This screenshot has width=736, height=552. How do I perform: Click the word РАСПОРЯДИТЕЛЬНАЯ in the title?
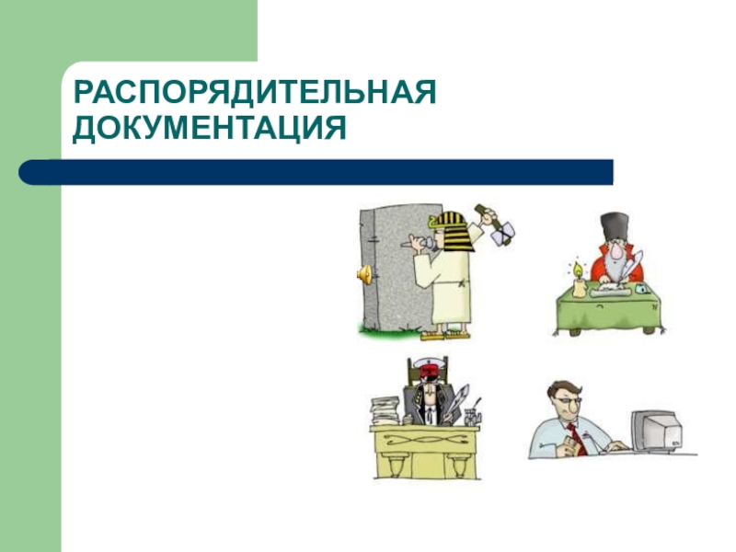(255, 92)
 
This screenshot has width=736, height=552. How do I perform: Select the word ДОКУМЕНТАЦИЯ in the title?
(210, 128)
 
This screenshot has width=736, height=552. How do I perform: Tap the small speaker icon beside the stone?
(364, 274)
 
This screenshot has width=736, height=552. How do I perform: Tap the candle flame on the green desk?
(578, 270)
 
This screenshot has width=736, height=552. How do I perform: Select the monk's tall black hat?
(615, 227)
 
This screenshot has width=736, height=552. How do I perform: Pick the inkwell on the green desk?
(640, 288)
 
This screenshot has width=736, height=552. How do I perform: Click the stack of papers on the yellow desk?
(385, 411)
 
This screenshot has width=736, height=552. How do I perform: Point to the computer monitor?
(657, 431)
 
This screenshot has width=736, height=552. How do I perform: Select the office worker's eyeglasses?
(567, 401)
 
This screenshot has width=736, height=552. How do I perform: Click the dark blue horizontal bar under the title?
(316, 172)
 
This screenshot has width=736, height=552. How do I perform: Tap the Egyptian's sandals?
(445, 335)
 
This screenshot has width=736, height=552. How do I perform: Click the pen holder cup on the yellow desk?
(471, 418)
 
